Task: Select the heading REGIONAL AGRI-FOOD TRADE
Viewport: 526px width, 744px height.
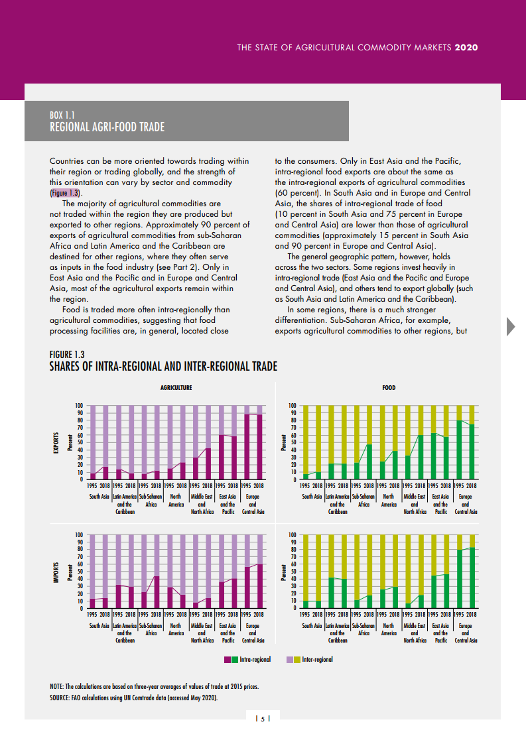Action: coord(107,127)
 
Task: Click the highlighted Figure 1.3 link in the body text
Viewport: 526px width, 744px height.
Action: coord(64,193)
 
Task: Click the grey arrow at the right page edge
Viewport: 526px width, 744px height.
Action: coord(511,326)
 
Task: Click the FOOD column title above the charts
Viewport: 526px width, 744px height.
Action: coord(389,388)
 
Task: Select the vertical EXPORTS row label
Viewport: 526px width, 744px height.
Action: coord(56,442)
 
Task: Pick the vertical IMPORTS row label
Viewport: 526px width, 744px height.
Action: coord(56,571)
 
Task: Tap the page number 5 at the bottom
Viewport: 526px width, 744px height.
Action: coord(263,719)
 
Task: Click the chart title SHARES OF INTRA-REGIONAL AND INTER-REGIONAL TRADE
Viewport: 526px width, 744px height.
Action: coord(163,367)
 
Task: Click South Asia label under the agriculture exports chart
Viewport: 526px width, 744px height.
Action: coord(99,496)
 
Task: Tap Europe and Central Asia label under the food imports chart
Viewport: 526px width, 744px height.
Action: coord(465,633)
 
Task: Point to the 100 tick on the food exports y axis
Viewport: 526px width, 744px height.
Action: coord(293,406)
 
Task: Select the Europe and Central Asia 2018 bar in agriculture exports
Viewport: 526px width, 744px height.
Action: coord(260,446)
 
